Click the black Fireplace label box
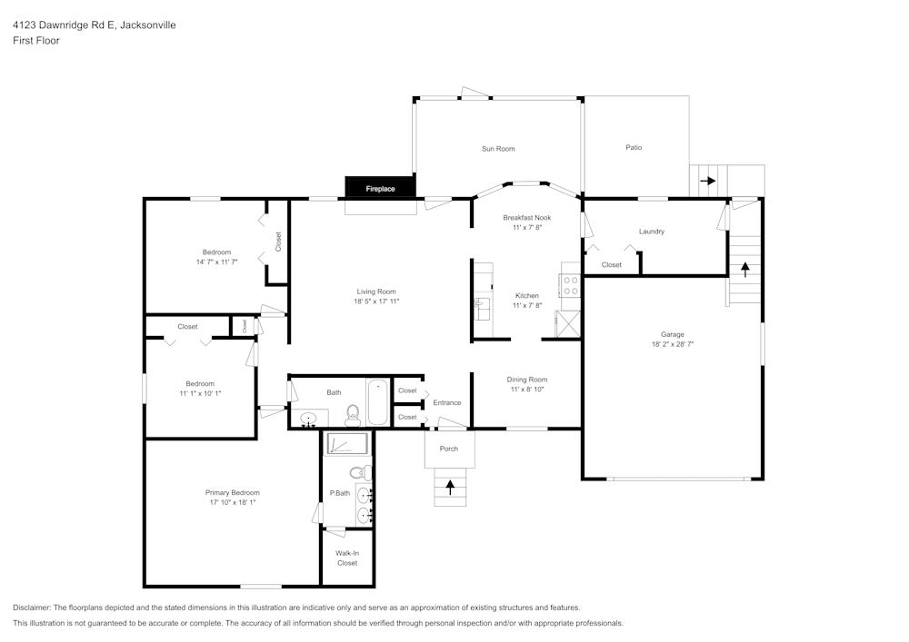(381, 188)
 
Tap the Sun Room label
(498, 149)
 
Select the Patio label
(634, 147)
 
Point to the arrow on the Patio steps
(708, 181)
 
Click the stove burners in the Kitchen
(571, 286)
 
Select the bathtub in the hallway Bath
(378, 402)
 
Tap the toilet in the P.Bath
(360, 472)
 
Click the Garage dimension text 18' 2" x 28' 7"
(673, 344)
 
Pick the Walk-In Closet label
(346, 558)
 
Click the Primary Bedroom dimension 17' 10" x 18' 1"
(232, 502)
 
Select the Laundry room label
(652, 232)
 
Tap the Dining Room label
(527, 380)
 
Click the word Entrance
(446, 403)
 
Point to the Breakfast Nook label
(527, 218)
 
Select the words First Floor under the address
(36, 41)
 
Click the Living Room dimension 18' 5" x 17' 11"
(376, 301)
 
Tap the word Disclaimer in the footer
(32, 607)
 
